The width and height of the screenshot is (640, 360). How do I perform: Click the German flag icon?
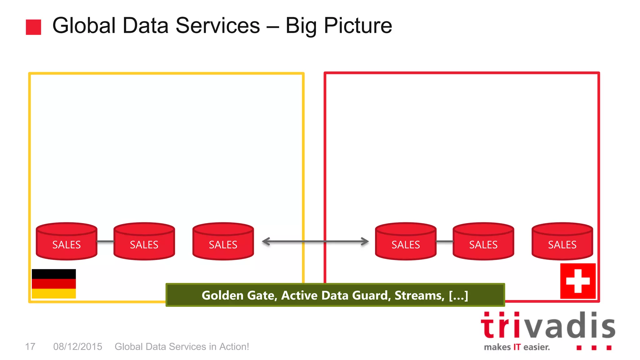pyautogui.click(x=54, y=283)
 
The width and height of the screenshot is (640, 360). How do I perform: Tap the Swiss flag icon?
pyautogui.click(x=578, y=281)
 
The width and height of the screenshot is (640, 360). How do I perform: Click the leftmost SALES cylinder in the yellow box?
pyautogui.click(x=67, y=242)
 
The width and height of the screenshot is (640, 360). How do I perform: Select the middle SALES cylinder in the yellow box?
pyautogui.click(x=144, y=242)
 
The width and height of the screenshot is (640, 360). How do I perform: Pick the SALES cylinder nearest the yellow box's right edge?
pyautogui.click(x=223, y=242)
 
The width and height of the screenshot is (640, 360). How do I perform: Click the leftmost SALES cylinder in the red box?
pyautogui.click(x=406, y=242)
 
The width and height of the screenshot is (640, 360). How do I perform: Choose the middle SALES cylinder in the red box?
pyautogui.click(x=483, y=242)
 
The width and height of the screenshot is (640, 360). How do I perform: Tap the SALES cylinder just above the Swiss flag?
pyautogui.click(x=562, y=242)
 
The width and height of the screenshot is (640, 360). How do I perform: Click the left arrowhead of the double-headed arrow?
pyautogui.click(x=266, y=242)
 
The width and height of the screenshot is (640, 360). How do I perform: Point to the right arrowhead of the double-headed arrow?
pyautogui.click(x=365, y=242)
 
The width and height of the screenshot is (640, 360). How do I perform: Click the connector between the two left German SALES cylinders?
pyautogui.click(x=105, y=242)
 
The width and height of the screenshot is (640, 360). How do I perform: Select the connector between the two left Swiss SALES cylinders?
pyautogui.click(x=444, y=242)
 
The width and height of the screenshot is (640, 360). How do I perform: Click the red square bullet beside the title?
pyautogui.click(x=33, y=27)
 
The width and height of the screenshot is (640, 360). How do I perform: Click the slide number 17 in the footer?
pyautogui.click(x=30, y=347)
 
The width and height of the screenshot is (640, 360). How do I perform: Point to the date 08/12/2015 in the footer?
pyautogui.click(x=77, y=347)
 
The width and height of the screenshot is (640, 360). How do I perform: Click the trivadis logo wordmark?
pyautogui.click(x=548, y=326)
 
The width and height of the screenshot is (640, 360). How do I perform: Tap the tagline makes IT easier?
pyautogui.click(x=517, y=347)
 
